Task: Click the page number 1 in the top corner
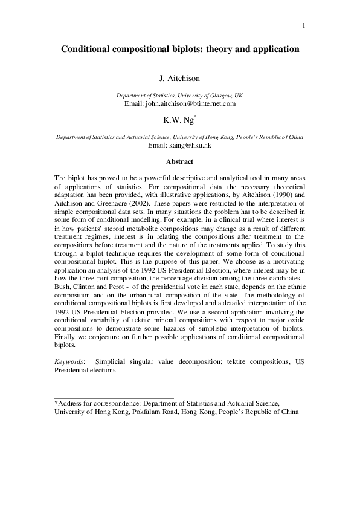tap(304, 25)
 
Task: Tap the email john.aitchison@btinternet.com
tap(179, 103)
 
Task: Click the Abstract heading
tap(179, 162)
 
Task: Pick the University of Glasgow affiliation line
tap(179, 96)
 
